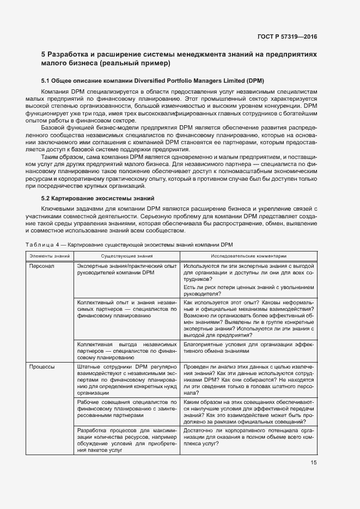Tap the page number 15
(313, 463)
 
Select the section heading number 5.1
(47, 80)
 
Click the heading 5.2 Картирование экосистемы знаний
(98, 198)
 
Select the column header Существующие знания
(126, 255)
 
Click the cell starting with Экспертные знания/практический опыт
(127, 269)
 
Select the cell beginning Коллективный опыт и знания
(127, 308)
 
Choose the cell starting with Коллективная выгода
(127, 351)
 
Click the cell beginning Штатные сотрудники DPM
(127, 379)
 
